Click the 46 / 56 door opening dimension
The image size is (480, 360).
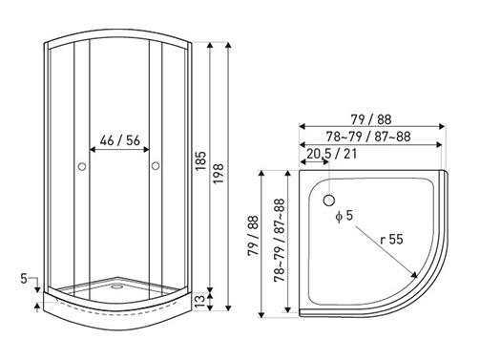point(120,140)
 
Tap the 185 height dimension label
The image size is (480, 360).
point(200,161)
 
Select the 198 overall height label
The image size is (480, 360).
point(219,174)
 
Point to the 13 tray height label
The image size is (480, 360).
point(200,301)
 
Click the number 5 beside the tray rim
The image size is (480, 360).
point(24,279)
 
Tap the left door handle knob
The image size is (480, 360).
point(82,166)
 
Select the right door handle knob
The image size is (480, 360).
point(156,166)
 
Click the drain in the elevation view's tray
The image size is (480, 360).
point(117,286)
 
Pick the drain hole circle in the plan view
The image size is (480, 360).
point(329,201)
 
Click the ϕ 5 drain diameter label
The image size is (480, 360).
point(344,216)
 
